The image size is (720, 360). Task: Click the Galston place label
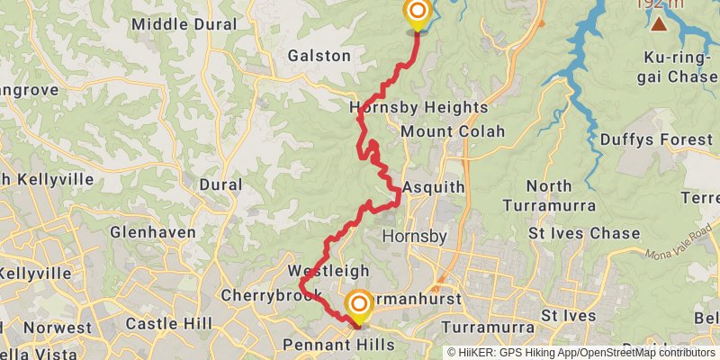(x=319, y=56)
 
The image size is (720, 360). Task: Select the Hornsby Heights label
(x=418, y=108)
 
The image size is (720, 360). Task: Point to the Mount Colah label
(x=453, y=131)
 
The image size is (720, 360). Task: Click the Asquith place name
(x=434, y=187)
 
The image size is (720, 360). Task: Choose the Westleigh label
(x=328, y=271)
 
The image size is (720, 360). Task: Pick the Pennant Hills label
(x=325, y=345)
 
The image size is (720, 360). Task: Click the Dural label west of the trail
(x=221, y=184)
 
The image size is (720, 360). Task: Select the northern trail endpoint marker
(x=418, y=13)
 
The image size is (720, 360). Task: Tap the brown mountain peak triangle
(x=660, y=23)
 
